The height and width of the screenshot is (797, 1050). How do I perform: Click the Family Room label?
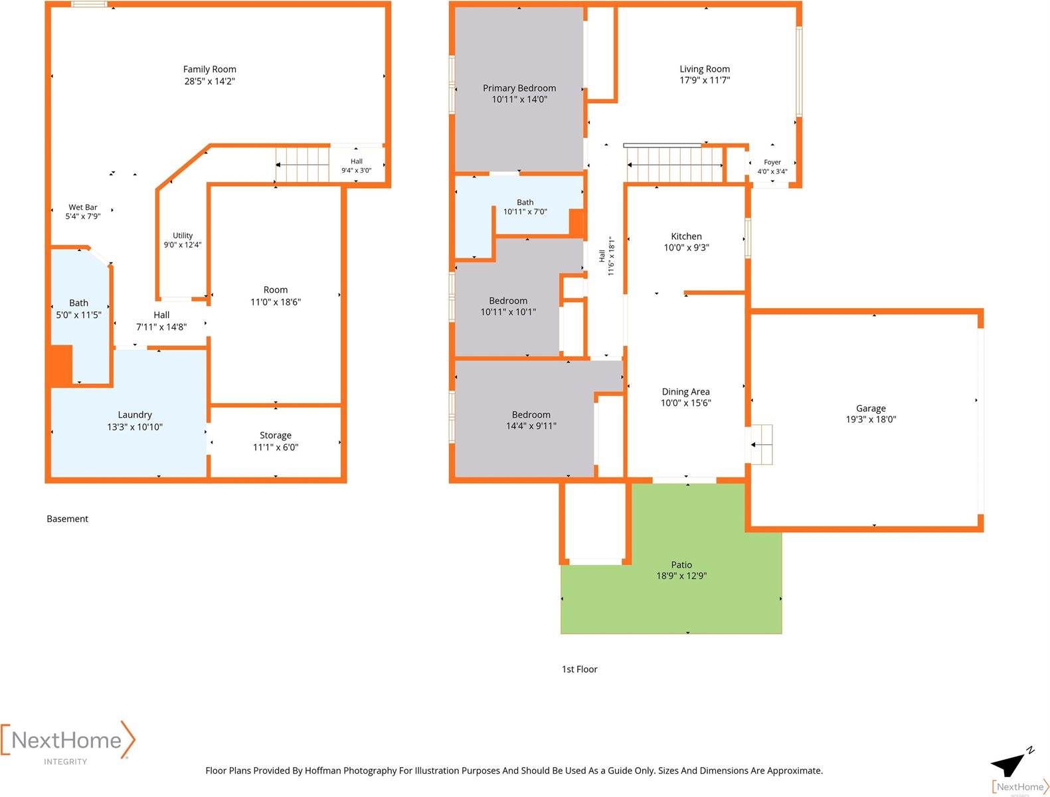click(x=209, y=69)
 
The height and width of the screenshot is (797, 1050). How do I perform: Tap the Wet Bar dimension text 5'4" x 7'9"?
click(x=83, y=217)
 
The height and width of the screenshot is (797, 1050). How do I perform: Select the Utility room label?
click(x=183, y=235)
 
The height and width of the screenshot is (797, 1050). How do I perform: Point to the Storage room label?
click(x=276, y=435)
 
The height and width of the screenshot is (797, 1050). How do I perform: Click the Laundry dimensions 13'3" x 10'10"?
click(x=135, y=426)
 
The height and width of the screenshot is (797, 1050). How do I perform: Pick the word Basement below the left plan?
click(x=68, y=519)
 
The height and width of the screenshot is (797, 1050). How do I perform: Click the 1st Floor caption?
click(x=579, y=669)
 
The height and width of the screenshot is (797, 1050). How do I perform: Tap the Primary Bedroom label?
click(x=519, y=88)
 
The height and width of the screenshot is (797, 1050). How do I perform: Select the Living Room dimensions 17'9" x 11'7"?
click(x=705, y=80)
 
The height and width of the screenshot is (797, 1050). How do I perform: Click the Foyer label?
click(x=772, y=162)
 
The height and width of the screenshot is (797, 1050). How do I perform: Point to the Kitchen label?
click(x=687, y=236)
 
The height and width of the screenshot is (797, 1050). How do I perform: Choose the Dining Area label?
click(x=685, y=392)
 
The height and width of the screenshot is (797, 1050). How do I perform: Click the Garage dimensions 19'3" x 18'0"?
click(x=871, y=420)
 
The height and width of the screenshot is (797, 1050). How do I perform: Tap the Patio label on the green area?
click(x=681, y=565)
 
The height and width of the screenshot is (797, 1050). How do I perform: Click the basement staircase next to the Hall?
click(x=302, y=165)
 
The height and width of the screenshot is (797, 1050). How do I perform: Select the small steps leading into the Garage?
click(x=761, y=444)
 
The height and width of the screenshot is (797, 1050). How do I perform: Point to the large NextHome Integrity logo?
click(x=68, y=743)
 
